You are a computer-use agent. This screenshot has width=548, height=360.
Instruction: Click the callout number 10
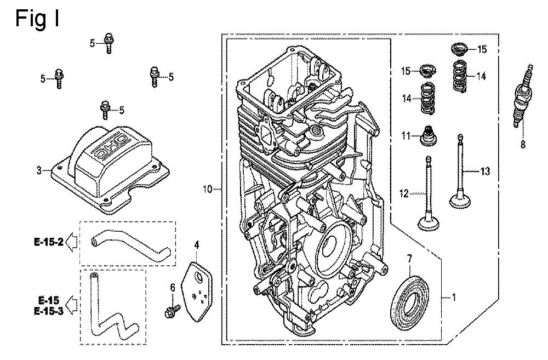(x=207, y=190)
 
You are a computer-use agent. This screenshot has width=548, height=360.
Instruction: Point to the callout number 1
(x=453, y=299)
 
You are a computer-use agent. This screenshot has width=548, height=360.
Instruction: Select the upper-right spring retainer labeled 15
(x=458, y=49)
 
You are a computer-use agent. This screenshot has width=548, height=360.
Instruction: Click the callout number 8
(x=522, y=145)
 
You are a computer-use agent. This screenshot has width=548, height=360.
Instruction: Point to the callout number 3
(x=39, y=171)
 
